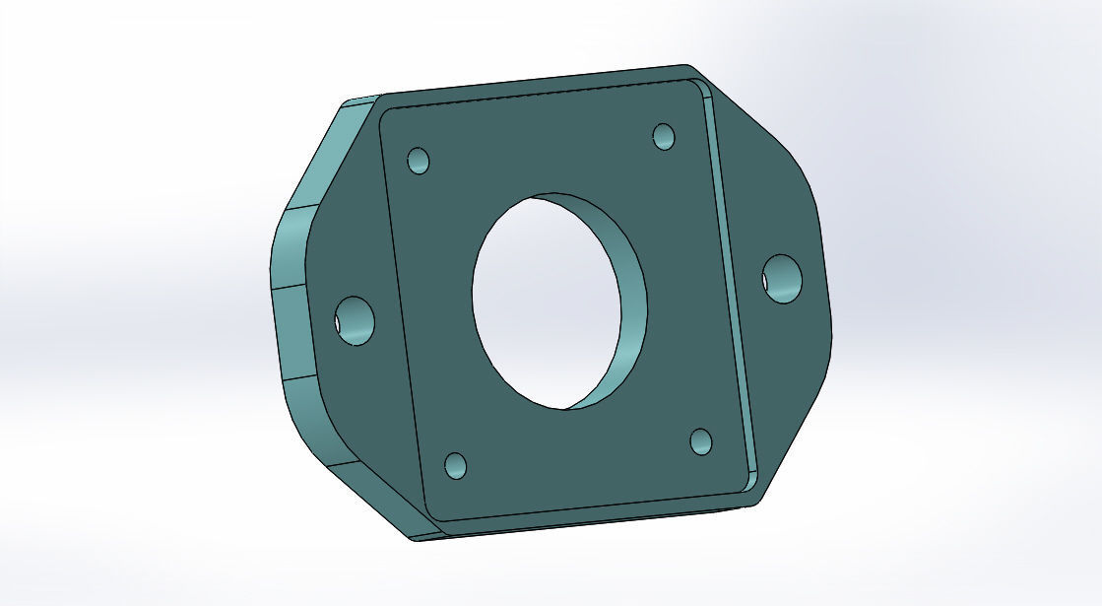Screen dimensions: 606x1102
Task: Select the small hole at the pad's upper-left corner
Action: pyautogui.click(x=419, y=161)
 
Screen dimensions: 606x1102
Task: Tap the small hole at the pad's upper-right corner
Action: pyautogui.click(x=665, y=136)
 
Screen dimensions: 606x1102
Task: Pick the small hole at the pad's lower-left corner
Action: pyautogui.click(x=456, y=465)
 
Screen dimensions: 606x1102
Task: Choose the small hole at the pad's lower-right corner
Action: pyautogui.click(x=701, y=441)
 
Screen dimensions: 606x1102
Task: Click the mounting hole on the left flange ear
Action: pyautogui.click(x=355, y=320)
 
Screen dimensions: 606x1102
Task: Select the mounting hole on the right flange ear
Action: pyautogui.click(x=783, y=279)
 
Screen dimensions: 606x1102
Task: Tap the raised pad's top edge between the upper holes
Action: pyautogui.click(x=542, y=94)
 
